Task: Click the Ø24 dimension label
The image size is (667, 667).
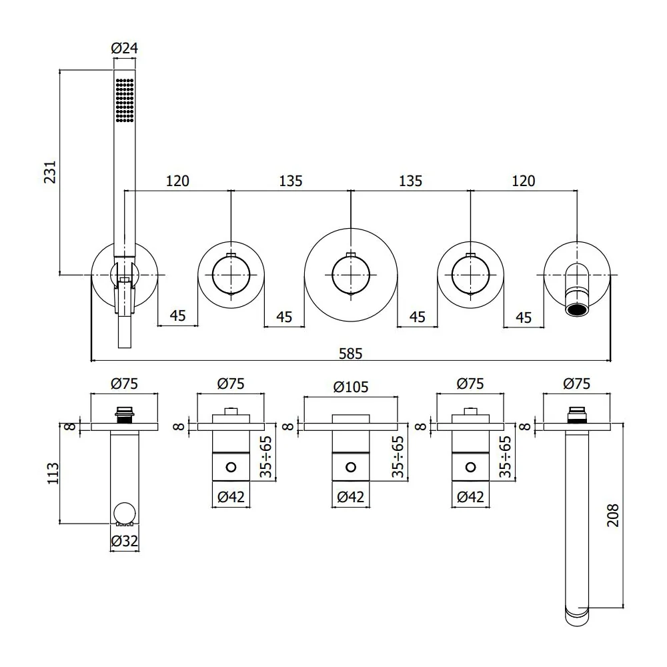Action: click(x=124, y=49)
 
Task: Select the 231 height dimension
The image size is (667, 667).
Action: click(x=50, y=172)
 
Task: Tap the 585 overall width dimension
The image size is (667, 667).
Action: click(x=351, y=354)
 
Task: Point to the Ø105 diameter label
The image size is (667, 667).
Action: click(x=351, y=387)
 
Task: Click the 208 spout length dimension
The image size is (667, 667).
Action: click(x=613, y=516)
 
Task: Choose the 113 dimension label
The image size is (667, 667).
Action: click(x=53, y=473)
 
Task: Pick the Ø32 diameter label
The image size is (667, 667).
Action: click(x=124, y=541)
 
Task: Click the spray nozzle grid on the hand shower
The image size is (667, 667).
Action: click(x=125, y=101)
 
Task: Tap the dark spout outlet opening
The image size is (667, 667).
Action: click(x=576, y=309)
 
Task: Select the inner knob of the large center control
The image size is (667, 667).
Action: click(x=351, y=275)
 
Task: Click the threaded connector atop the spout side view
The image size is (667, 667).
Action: click(x=577, y=415)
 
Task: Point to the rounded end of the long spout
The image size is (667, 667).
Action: click(x=577, y=616)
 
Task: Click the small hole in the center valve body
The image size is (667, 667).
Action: click(x=351, y=468)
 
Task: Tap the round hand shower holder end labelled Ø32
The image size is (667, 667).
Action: click(x=125, y=513)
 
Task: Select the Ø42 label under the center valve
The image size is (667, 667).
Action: click(x=351, y=496)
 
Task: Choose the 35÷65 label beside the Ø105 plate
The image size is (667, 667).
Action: click(x=398, y=457)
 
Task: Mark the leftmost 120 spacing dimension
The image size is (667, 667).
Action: click(x=177, y=181)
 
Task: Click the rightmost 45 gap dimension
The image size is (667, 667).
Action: click(x=523, y=317)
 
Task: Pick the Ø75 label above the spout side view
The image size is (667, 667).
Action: click(x=577, y=384)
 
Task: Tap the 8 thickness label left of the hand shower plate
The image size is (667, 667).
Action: click(x=71, y=426)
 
